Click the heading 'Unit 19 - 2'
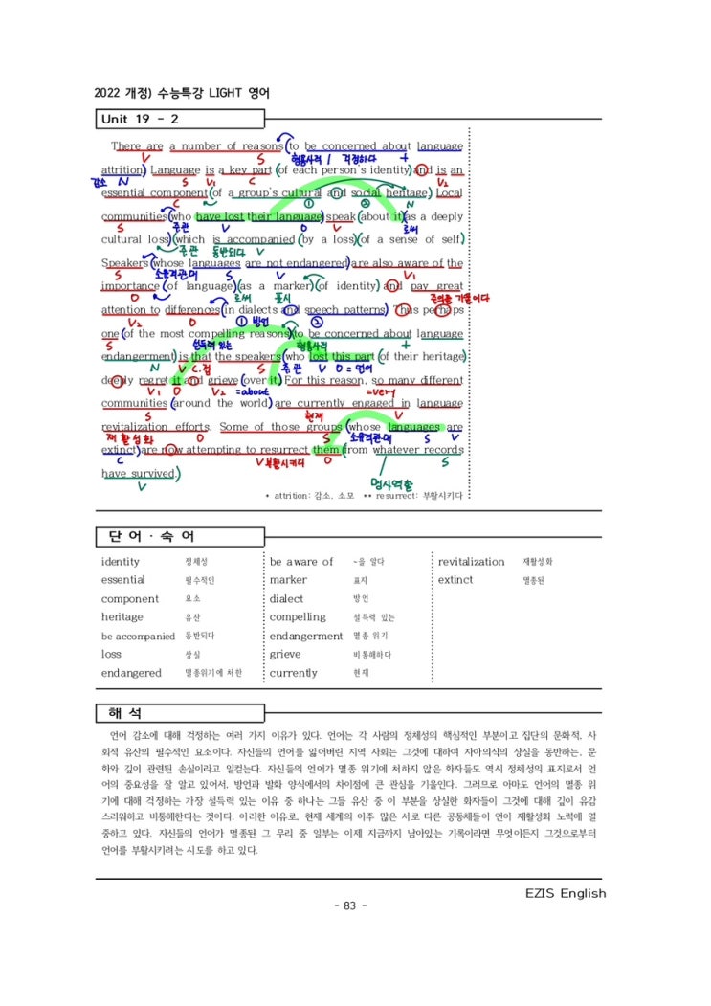coord(140,120)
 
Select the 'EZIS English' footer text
coord(566,893)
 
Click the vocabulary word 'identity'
coord(121,562)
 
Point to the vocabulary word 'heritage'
coord(122,617)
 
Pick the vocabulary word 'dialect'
coord(286,599)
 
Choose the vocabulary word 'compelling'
coord(298,617)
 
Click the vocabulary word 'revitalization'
coord(471,562)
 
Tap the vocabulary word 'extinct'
coord(455,580)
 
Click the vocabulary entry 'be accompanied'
coord(138,637)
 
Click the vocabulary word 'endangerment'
coord(305,637)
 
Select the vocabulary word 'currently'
coord(293,673)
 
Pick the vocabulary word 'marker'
coord(288,580)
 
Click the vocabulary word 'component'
coord(130,599)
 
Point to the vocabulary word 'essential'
coord(123,580)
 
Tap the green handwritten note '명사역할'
coord(394,484)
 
